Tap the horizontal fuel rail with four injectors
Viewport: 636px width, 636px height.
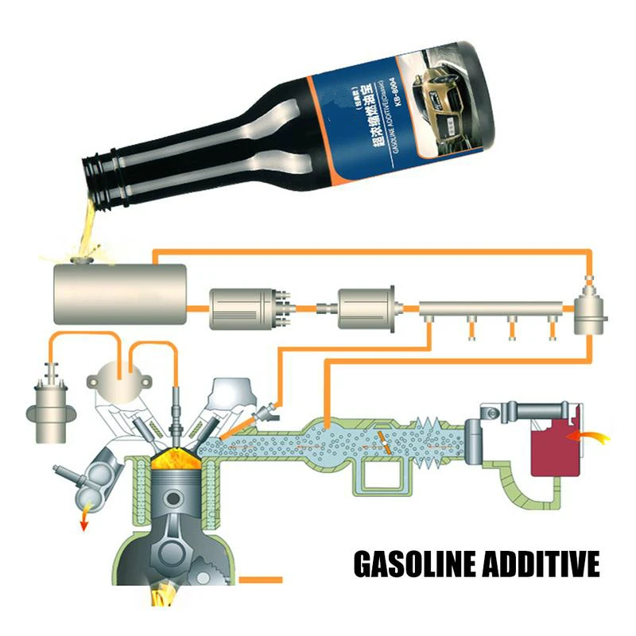pyautogui.click(x=489, y=307)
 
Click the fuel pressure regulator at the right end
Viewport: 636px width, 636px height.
pyautogui.click(x=591, y=315)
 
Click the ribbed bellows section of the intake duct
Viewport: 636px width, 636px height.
pyautogui.click(x=434, y=450)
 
